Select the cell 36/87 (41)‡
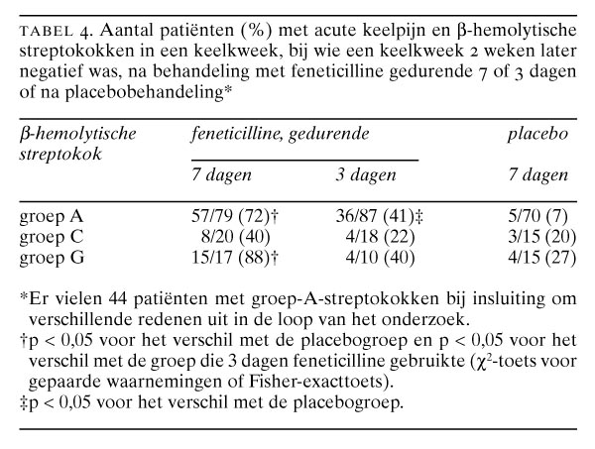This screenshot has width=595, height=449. click(382, 215)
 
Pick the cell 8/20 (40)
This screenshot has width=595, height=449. click(229, 234)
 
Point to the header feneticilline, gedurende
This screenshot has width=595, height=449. click(281, 133)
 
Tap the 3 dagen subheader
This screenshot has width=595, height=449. click(365, 176)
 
